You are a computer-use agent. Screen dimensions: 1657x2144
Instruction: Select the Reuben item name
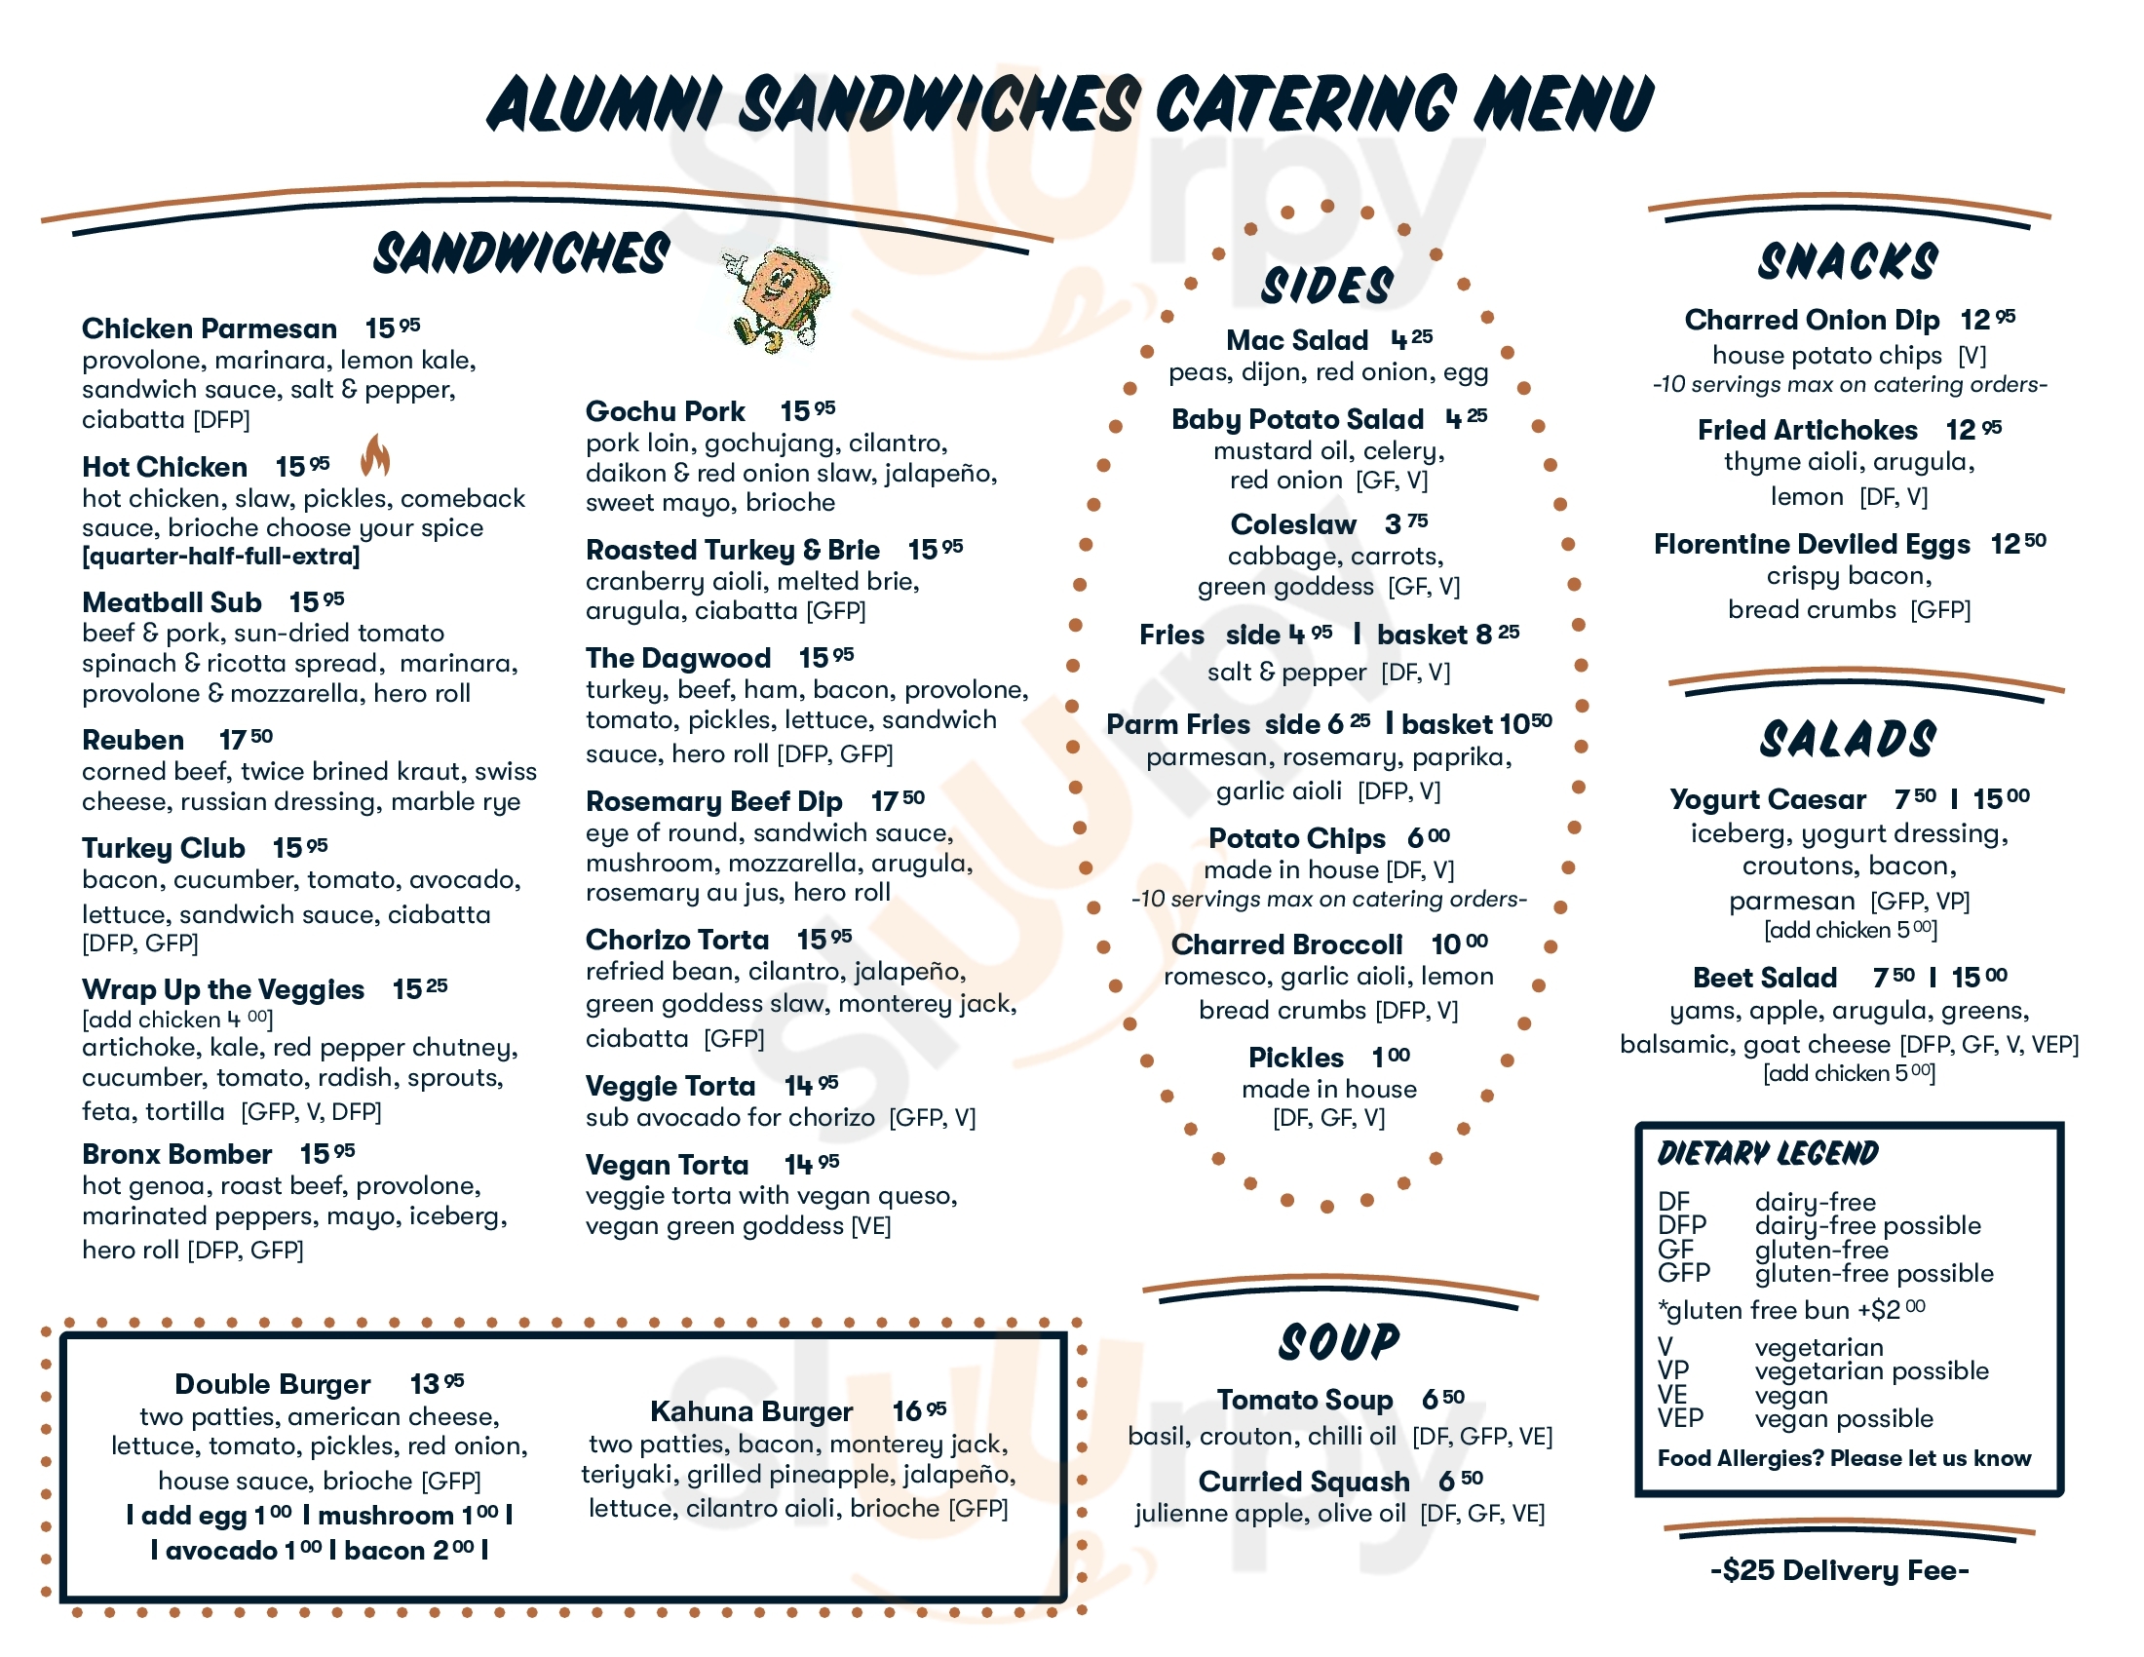tap(133, 740)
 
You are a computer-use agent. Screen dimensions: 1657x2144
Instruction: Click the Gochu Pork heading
tap(665, 411)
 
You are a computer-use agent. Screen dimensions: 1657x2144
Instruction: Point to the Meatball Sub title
tap(171, 601)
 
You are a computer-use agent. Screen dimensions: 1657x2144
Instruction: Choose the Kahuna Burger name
tap(751, 1411)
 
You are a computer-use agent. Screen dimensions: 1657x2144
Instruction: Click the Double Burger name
tap(272, 1384)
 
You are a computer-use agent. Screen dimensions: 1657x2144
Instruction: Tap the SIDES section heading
tap(1326, 286)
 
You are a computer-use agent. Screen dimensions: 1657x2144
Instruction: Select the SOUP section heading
tap(1339, 1342)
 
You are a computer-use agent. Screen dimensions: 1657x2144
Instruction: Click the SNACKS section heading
tap(1848, 262)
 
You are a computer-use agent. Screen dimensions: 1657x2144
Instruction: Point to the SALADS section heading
tap(1848, 739)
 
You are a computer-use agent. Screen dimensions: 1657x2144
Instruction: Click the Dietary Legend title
tap(1767, 1153)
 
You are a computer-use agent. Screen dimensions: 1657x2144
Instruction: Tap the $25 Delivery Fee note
tap(1840, 1570)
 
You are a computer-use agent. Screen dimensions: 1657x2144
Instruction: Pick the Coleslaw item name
tap(1293, 524)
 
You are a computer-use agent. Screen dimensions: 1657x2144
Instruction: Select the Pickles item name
tap(1296, 1058)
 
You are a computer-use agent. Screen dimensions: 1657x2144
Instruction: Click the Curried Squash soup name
tap(1304, 1482)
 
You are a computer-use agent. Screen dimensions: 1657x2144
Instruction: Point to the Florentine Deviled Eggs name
tap(1812, 544)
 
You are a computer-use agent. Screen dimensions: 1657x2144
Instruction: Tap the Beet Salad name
tap(1764, 978)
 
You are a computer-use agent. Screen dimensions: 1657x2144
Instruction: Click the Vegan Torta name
tap(667, 1165)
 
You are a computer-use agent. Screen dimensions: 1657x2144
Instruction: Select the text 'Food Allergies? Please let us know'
tap(1844, 1459)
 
